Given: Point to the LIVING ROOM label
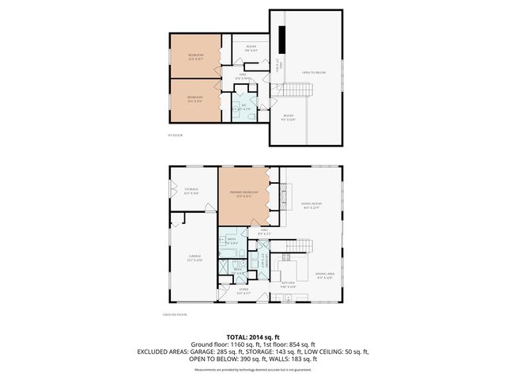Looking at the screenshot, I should coord(312,206).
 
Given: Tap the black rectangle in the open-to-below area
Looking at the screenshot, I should coord(282,37).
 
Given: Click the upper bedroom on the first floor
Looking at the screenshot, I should coord(195,55).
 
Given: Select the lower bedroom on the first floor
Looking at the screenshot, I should coord(195,100).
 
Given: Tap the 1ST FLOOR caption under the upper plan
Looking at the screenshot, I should coord(176,136).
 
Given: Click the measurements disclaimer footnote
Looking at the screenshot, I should coord(253,370).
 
